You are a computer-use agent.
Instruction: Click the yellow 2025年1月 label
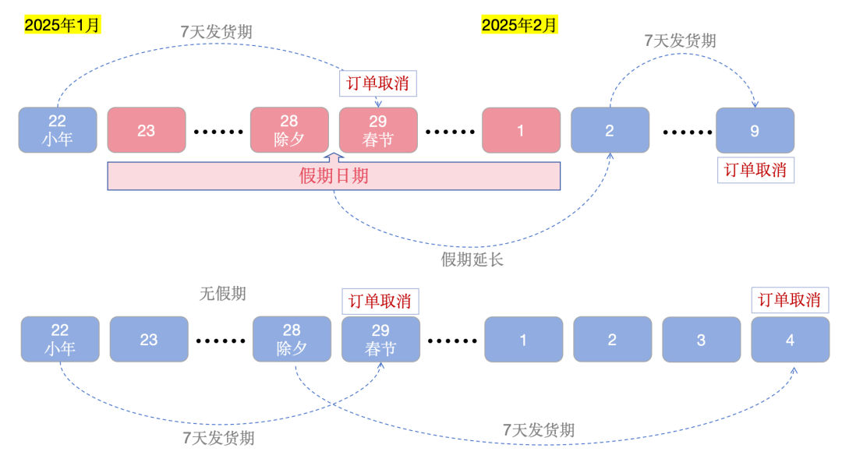click(x=62, y=25)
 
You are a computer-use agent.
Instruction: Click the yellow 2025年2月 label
click(x=519, y=25)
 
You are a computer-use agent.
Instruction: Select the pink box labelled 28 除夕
click(x=289, y=130)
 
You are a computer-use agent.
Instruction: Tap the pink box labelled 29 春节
click(x=378, y=130)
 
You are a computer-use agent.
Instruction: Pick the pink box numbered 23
click(x=147, y=130)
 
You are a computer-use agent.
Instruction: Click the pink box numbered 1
click(x=521, y=130)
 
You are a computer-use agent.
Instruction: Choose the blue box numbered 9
click(x=755, y=130)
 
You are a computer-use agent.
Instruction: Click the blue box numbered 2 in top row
click(x=610, y=130)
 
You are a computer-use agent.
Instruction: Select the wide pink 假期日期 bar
click(x=334, y=176)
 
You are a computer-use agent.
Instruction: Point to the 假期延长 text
click(x=472, y=259)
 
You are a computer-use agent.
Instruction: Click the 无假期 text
click(x=222, y=294)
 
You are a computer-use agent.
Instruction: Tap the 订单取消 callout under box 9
click(x=755, y=170)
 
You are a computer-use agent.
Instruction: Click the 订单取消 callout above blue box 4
click(x=790, y=300)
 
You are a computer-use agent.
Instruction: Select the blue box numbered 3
click(x=701, y=340)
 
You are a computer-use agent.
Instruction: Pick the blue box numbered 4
click(x=790, y=340)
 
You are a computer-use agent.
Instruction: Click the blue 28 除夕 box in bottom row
click(x=292, y=340)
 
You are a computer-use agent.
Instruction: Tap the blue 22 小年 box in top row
click(x=58, y=130)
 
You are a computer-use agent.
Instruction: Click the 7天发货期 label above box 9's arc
click(x=680, y=41)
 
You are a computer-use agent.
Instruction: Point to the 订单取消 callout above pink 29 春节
click(x=378, y=83)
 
